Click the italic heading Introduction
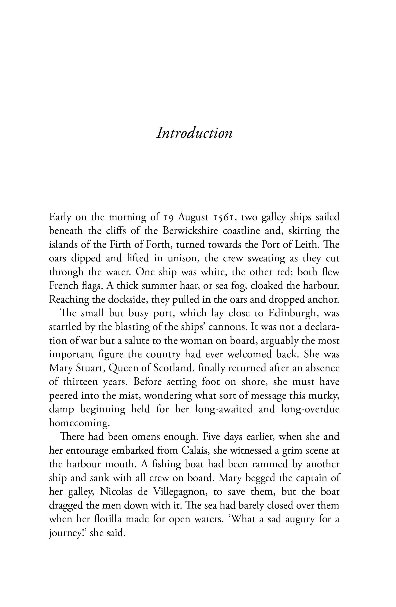pos(194,133)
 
